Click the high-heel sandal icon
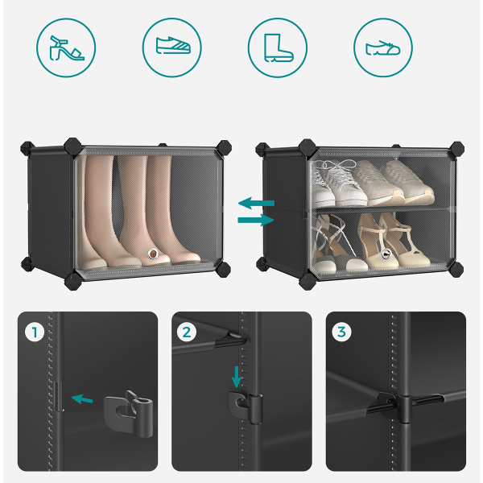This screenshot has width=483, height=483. click(x=66, y=47)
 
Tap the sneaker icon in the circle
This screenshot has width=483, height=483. click(x=173, y=45)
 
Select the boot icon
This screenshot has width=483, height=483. click(x=279, y=47)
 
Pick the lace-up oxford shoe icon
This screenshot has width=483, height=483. click(x=383, y=48)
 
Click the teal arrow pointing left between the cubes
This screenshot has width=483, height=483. click(x=256, y=203)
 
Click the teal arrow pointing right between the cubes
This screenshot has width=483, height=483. click(x=256, y=220)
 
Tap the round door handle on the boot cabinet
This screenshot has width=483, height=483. click(x=153, y=254)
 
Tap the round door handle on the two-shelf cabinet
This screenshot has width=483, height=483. click(x=386, y=254)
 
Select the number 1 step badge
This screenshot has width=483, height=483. click(x=35, y=332)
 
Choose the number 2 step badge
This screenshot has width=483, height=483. click(x=187, y=332)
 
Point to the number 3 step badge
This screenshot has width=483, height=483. click(x=341, y=332)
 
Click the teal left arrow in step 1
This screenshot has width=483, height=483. click(x=82, y=399)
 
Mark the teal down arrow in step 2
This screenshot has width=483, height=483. click(x=237, y=377)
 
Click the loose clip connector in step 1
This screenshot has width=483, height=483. click(x=129, y=414)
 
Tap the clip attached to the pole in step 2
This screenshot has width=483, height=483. click(x=246, y=407)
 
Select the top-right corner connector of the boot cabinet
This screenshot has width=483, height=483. click(x=224, y=149)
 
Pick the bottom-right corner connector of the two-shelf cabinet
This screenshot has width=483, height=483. click(x=456, y=269)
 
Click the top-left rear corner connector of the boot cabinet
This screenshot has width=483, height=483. click(x=27, y=150)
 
